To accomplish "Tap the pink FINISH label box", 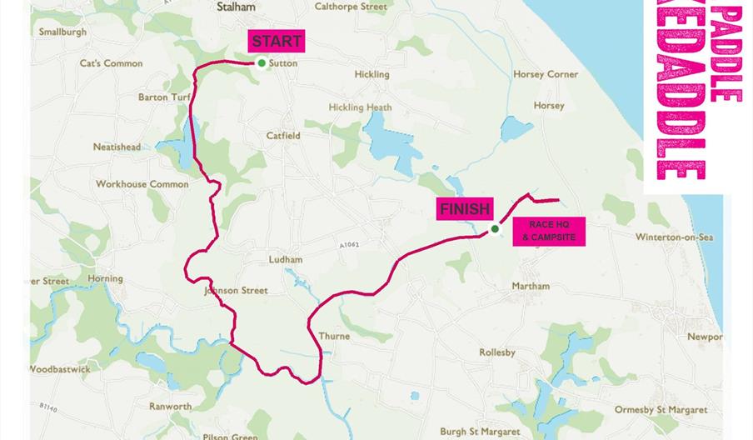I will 466,209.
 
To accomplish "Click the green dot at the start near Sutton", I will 262,63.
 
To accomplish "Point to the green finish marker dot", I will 494,229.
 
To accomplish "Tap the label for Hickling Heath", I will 360,107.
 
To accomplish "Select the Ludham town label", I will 285,260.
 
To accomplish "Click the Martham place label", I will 531,286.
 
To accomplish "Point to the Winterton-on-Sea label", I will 675,237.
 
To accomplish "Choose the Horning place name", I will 105,278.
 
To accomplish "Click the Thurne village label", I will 334,337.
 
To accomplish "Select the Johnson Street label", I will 236,291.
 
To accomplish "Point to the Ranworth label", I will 170,407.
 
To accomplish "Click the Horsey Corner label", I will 546,74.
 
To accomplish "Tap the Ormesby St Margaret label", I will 661,410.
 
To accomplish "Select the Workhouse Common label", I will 142,184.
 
